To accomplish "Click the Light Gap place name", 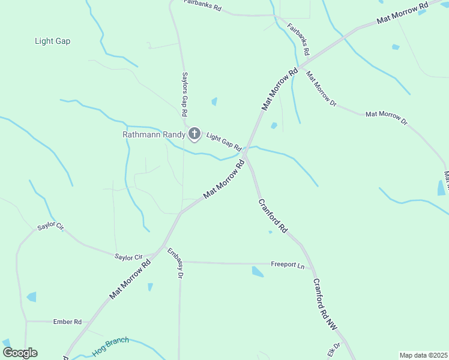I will point(52,41).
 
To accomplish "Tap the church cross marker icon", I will point(194,134).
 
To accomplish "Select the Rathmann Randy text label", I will point(154,134).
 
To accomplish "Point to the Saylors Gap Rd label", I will point(185,95).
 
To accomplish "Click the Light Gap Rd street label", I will point(224,142).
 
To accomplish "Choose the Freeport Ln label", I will point(288,264).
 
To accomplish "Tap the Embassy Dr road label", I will point(175,263).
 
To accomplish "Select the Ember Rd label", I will point(67,322).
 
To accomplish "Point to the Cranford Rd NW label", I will point(324,304).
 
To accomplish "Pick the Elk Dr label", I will point(334,349).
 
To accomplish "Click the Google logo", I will point(20,352).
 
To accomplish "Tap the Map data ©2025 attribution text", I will point(423,355).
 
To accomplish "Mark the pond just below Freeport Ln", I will point(258,272).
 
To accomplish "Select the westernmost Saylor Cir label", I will point(50,226).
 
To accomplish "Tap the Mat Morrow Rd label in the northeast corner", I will point(402,13).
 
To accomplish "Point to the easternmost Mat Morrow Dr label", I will point(386,117).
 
